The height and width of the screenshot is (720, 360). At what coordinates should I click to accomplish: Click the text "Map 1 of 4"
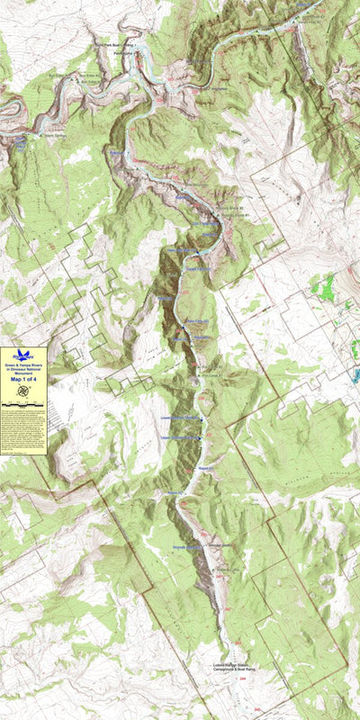tap(23, 380)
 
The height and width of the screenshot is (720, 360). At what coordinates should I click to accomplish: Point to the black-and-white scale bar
tap(23, 407)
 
